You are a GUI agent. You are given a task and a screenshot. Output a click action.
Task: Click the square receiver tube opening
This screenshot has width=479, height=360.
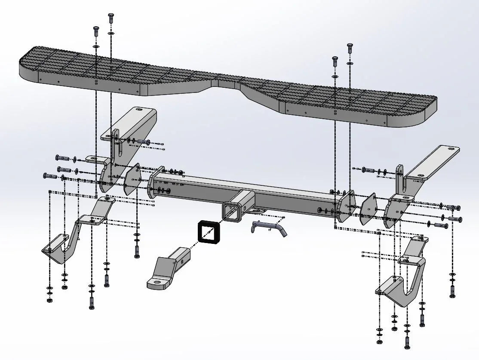click(233, 213)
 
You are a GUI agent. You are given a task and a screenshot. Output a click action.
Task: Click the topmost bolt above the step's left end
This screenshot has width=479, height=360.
click(111, 18)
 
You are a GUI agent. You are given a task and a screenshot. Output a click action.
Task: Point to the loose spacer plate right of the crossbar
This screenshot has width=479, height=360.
click(368, 209)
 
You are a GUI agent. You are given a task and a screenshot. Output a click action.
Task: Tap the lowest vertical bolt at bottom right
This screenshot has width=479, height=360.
click(407, 342)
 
